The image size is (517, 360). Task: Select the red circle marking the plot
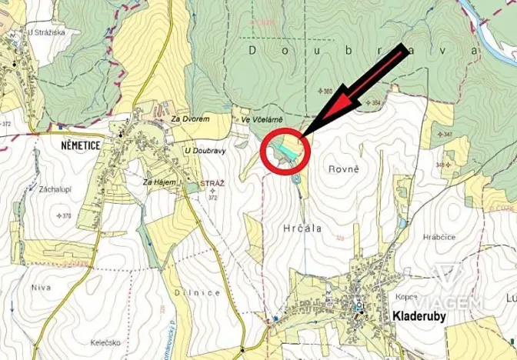(285, 148)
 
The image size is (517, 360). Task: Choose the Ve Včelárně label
(262, 120)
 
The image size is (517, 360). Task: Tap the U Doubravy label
(205, 150)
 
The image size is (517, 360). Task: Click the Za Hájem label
(159, 182)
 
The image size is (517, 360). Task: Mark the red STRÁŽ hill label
(212, 185)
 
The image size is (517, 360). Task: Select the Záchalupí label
(52, 188)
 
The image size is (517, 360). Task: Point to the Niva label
(40, 288)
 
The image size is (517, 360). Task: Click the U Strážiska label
(45, 32)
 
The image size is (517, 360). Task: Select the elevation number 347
(446, 135)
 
